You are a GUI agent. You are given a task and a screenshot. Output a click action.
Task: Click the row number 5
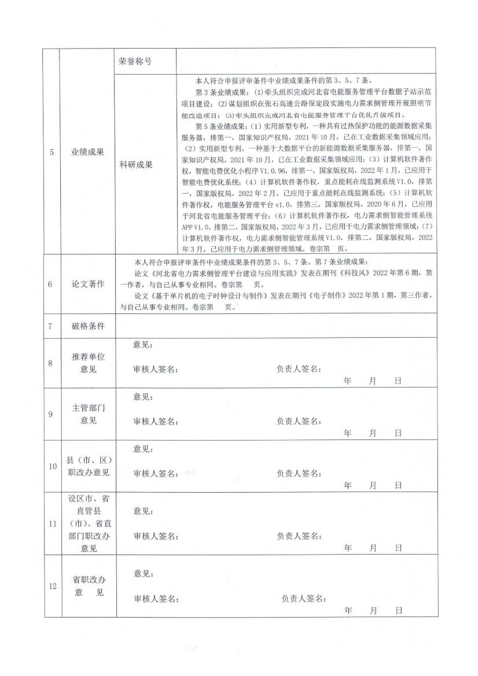(52, 152)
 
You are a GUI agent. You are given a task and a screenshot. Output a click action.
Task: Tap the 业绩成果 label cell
(88, 152)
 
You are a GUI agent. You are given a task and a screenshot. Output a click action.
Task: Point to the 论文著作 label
(88, 284)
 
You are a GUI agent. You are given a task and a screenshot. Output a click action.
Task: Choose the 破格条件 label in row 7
(88, 326)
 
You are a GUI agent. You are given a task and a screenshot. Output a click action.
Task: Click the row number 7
(52, 326)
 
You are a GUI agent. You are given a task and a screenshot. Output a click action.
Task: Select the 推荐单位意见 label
(88, 363)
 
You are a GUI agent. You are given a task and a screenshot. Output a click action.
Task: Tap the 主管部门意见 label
(88, 414)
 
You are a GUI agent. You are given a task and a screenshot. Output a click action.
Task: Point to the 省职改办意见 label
(88, 586)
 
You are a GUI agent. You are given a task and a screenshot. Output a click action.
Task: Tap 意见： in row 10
(143, 449)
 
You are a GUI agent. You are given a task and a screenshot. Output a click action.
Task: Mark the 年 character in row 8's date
(347, 382)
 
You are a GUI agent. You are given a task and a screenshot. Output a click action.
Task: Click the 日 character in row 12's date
(398, 610)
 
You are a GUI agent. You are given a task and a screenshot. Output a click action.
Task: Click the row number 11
(52, 524)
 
